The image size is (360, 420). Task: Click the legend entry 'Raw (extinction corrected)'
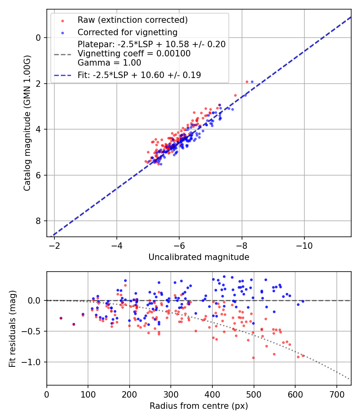point(132,20)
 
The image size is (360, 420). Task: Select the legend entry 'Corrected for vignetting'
point(128,32)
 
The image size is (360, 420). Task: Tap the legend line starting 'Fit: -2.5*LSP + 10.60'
point(139,75)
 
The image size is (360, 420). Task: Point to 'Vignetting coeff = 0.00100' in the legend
point(134,54)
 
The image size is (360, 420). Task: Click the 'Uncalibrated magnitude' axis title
point(199,257)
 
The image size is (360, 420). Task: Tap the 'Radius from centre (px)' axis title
point(199,406)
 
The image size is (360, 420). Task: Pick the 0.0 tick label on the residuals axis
point(36,300)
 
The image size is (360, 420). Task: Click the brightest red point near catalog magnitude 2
point(247,82)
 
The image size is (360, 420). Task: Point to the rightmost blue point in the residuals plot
point(303,301)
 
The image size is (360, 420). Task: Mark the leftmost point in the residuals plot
point(61,318)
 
